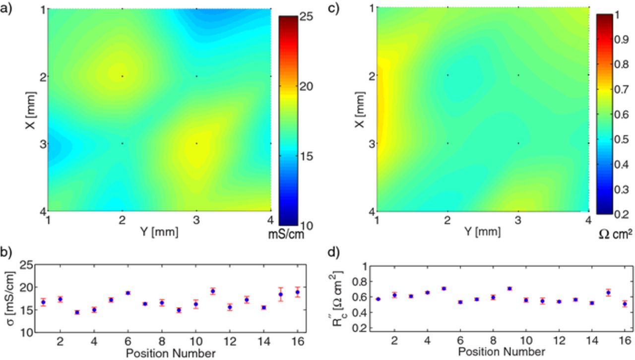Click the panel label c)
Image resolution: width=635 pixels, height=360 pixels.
pos(334,9)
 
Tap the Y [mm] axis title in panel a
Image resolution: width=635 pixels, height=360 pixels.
pos(159,231)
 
